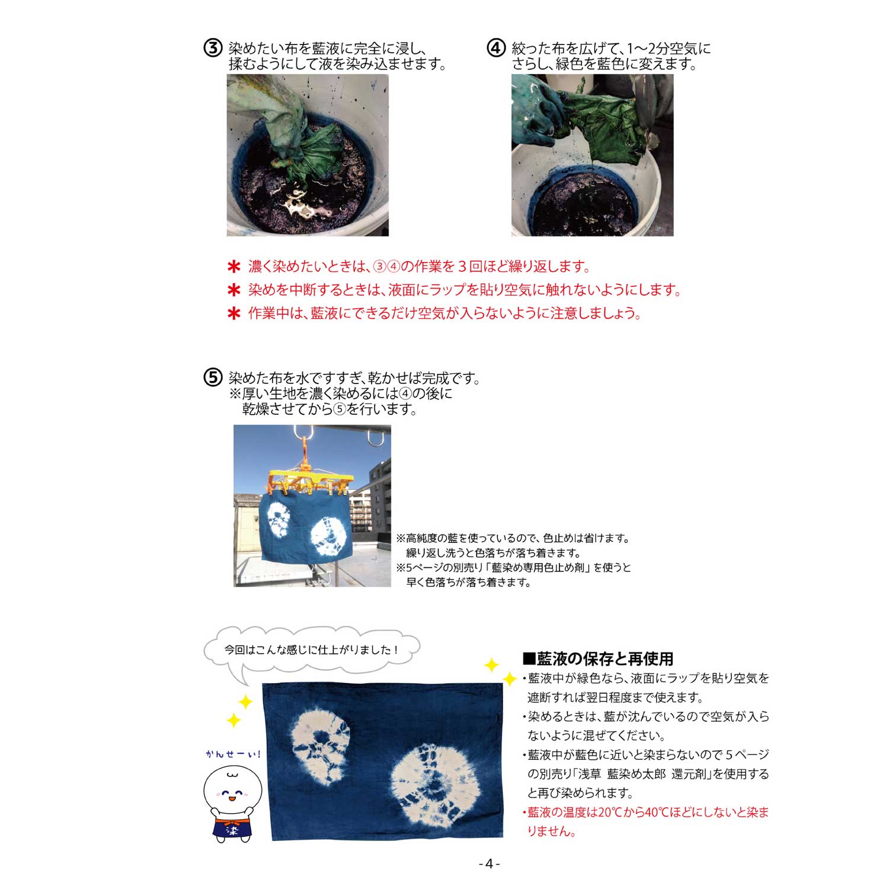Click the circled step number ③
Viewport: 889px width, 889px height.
point(212,48)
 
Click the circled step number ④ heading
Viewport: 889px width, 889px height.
point(495,48)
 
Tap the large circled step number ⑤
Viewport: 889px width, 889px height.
point(212,378)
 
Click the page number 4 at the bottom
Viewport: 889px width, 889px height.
point(489,864)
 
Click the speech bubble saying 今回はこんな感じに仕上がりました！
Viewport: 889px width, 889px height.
point(311,650)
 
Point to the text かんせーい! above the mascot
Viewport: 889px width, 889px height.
point(233,754)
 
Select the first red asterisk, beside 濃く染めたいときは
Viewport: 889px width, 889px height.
point(234,267)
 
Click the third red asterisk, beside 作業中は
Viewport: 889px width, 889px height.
point(234,314)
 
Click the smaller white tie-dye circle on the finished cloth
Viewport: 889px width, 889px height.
point(319,746)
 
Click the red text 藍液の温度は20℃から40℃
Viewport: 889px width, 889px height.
point(596,812)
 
